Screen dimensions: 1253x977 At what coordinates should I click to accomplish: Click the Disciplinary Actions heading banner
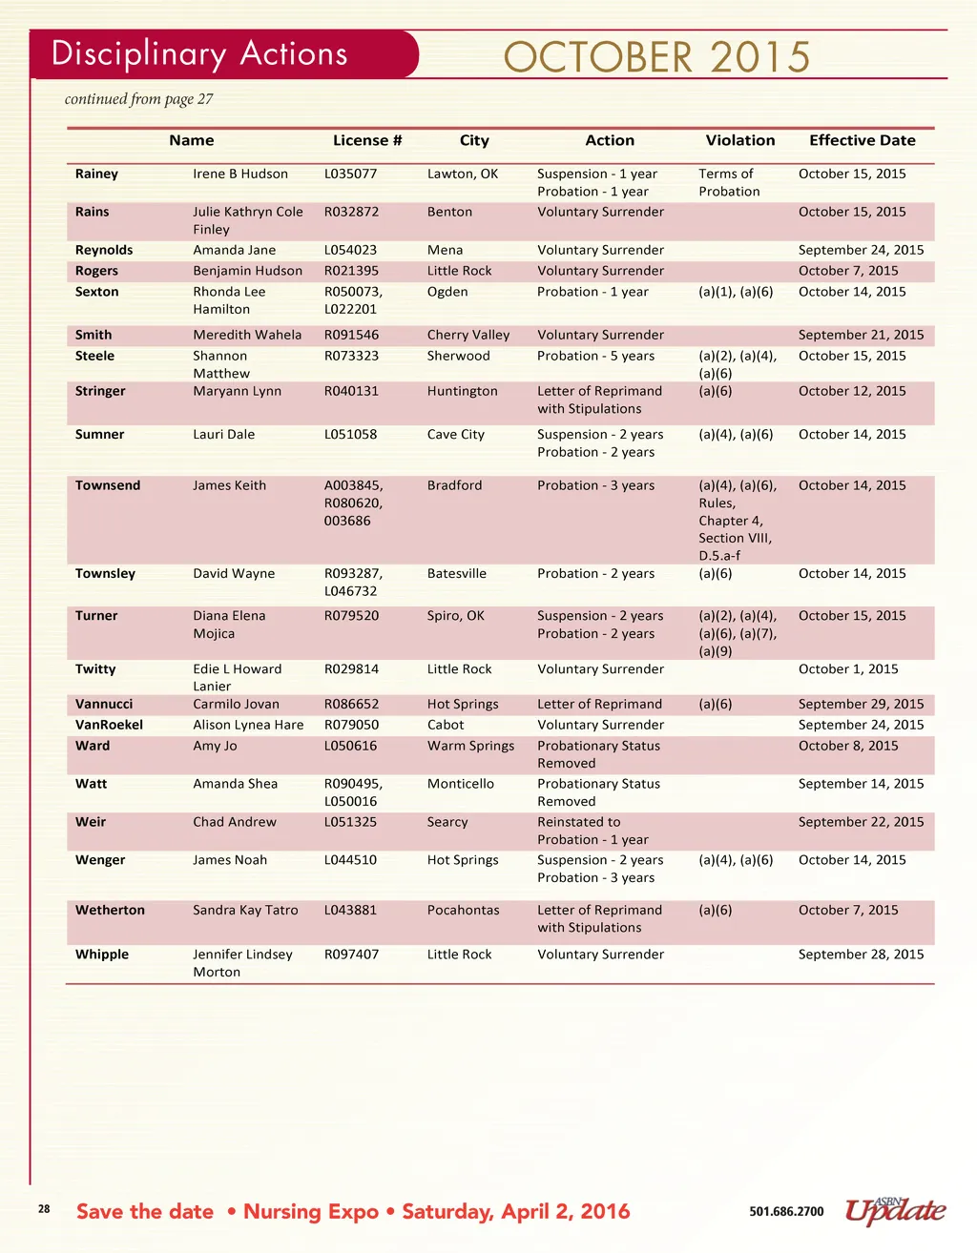tap(200, 54)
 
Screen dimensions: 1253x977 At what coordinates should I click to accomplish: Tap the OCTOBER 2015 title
tap(656, 58)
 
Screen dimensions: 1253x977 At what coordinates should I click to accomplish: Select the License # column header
tap(367, 140)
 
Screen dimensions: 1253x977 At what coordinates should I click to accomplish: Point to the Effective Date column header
tap(862, 140)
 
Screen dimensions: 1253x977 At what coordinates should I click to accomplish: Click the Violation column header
tap(739, 140)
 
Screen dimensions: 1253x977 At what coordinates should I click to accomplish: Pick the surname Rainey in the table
tap(97, 174)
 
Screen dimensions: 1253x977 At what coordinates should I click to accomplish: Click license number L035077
tap(350, 174)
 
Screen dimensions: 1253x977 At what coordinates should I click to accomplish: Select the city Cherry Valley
tap(468, 335)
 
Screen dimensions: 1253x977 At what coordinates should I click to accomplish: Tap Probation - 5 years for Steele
tap(595, 356)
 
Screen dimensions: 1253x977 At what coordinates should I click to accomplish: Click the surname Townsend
tap(108, 485)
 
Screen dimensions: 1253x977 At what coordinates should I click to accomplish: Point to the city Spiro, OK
tap(455, 616)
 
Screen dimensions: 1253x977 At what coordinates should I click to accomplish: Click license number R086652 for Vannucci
tap(351, 704)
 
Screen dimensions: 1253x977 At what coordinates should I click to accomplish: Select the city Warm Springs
tap(470, 746)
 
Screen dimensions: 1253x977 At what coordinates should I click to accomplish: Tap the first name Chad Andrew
tap(235, 822)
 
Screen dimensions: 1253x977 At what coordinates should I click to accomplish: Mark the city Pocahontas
tap(463, 911)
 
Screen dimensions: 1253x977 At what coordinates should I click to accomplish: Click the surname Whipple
tap(102, 955)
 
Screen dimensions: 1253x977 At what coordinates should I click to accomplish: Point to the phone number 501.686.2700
tap(786, 1212)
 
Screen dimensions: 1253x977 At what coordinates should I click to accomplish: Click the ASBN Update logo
tap(895, 1211)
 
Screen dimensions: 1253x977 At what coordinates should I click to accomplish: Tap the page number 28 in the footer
tap(44, 1209)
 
